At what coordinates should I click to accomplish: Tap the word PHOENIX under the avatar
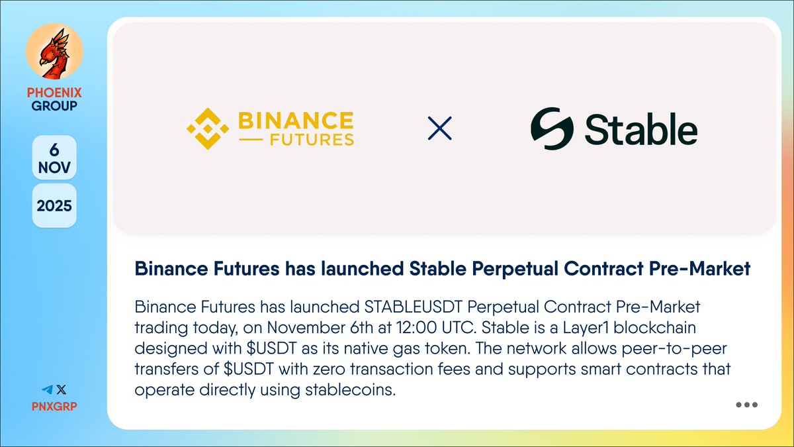[54, 93]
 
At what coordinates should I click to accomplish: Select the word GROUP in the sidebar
[54, 105]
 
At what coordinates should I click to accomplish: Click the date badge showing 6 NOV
[54, 158]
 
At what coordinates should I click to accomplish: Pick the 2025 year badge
[54, 206]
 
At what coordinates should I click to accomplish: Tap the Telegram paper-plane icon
[47, 391]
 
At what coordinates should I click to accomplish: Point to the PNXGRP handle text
[54, 405]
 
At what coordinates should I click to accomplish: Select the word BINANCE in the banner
[295, 121]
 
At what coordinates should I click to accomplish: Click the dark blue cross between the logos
[440, 128]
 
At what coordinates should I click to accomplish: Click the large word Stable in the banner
[640, 129]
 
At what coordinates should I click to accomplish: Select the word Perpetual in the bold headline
[508, 268]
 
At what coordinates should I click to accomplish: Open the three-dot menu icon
[746, 405]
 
